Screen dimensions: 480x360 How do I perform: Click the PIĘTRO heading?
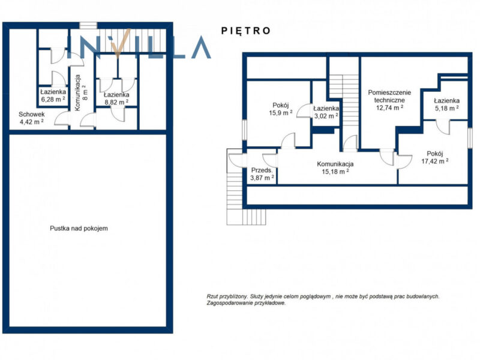246,31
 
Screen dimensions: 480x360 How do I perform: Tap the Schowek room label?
32,114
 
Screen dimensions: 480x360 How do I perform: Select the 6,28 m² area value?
53,99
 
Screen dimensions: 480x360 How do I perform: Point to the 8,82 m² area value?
116,102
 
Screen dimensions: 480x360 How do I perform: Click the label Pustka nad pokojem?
79,228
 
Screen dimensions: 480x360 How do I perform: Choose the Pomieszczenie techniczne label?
389,96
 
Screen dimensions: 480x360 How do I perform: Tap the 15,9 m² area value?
280,113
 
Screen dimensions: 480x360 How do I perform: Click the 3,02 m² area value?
326,116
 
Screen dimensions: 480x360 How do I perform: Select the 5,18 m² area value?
446,108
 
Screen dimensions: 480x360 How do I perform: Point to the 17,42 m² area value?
434,161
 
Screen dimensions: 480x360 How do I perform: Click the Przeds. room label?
262,170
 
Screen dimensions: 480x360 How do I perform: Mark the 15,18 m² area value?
335,172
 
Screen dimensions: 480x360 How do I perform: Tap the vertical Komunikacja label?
77,92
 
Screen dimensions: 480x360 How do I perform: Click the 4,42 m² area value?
32,122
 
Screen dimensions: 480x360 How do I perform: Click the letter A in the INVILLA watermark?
201,47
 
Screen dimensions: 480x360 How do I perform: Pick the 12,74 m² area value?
389,107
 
